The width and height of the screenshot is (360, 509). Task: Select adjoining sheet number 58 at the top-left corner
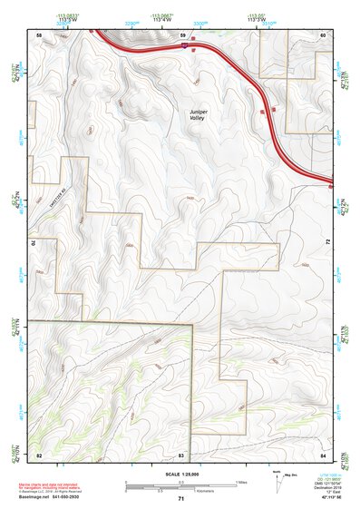click(x=39, y=34)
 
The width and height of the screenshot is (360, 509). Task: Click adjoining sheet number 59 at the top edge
click(x=182, y=34)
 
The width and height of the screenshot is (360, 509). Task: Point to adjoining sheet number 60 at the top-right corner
click(x=323, y=34)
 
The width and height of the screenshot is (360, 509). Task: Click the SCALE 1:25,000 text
click(x=180, y=474)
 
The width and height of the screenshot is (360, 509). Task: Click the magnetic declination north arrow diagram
click(x=277, y=482)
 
